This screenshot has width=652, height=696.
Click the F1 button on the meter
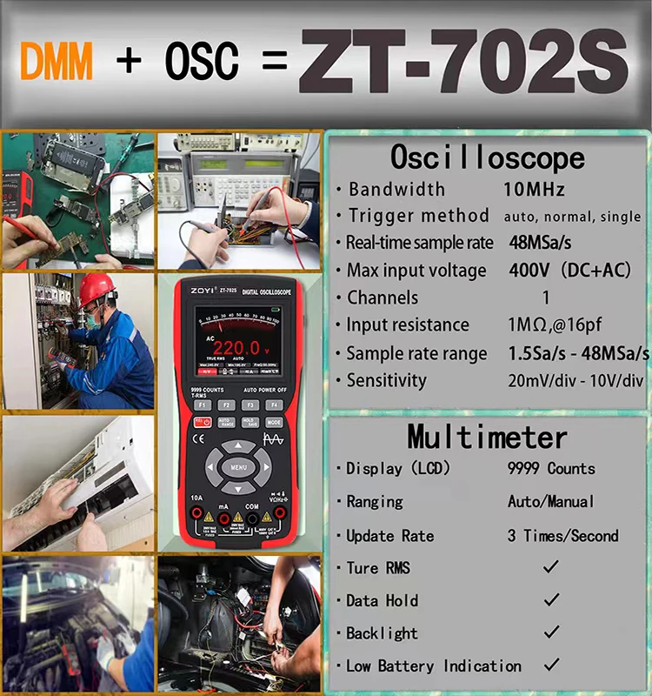[202, 405]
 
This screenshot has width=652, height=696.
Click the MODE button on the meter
[275, 422]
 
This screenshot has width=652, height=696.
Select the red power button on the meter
[202, 422]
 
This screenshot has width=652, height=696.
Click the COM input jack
[251, 518]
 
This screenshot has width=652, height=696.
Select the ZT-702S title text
[462, 63]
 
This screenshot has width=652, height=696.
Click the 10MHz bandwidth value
[534, 189]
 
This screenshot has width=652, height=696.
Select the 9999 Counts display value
[551, 468]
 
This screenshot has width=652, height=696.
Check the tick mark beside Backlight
[550, 632]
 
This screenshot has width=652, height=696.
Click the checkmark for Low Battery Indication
[550, 665]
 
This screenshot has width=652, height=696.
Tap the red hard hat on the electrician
[96, 290]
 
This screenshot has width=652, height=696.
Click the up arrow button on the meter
[238, 447]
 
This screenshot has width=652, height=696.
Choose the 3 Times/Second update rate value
[562, 535]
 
